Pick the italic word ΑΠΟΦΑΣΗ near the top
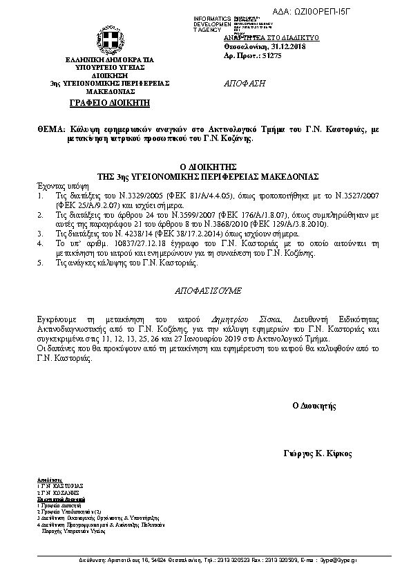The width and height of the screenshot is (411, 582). [x=245, y=83]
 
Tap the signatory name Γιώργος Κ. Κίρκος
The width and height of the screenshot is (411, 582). [x=318, y=453]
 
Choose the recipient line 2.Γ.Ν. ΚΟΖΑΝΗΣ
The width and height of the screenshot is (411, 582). [x=59, y=491]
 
